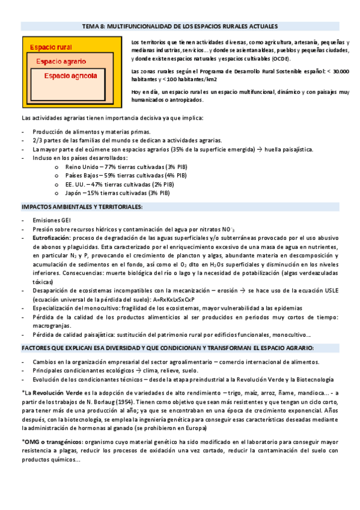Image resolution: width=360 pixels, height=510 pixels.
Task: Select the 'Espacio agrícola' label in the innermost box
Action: point(71,76)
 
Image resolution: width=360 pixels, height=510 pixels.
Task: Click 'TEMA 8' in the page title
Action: point(95,26)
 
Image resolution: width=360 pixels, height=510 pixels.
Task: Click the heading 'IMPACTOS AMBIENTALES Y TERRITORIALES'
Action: point(82,207)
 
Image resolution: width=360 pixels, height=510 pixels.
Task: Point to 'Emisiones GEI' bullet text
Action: point(52,221)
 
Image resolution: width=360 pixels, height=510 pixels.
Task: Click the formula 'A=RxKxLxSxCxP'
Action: point(168,300)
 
